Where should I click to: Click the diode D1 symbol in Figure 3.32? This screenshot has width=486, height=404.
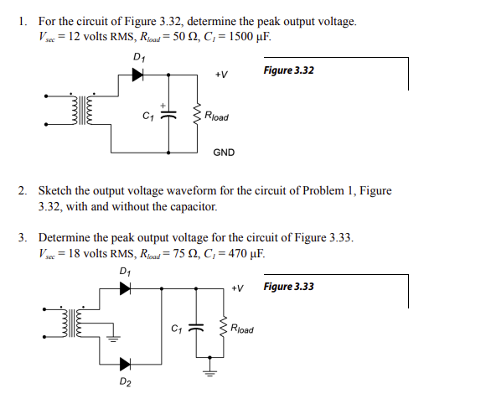pyautogui.click(x=137, y=75)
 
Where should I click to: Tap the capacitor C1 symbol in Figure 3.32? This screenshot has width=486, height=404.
pyautogui.click(x=168, y=115)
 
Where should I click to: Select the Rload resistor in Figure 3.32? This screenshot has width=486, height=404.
pyautogui.click(x=198, y=115)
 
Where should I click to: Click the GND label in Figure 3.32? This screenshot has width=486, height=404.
pyautogui.click(x=224, y=153)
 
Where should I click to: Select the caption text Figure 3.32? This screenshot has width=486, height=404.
pyautogui.click(x=288, y=70)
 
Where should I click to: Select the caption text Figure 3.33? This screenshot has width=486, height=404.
pyautogui.click(x=288, y=287)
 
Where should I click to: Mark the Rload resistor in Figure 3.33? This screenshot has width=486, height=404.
pyautogui.click(x=223, y=329)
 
